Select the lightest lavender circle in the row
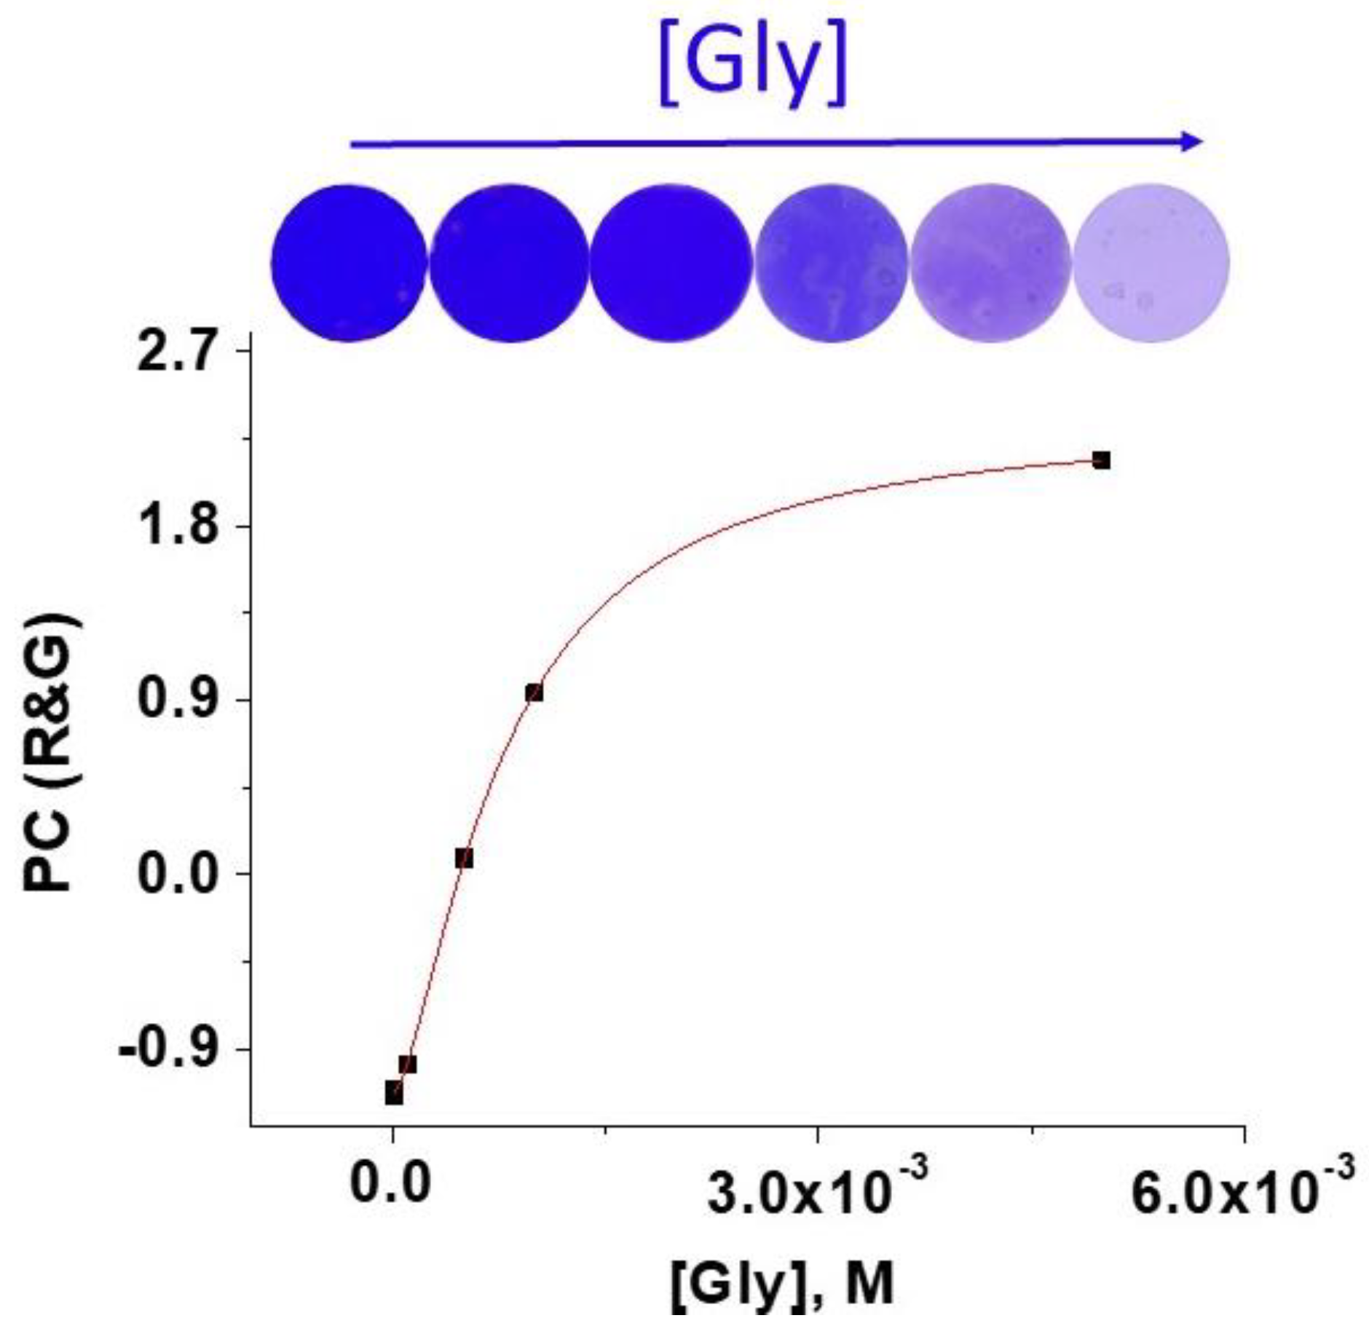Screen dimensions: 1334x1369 (x=1151, y=263)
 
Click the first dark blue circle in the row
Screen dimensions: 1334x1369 (x=348, y=263)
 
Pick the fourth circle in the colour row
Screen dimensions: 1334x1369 (x=831, y=263)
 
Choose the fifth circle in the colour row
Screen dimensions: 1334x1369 (x=990, y=263)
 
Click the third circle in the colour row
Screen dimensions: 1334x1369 (x=670, y=263)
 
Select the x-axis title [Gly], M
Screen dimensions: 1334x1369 (x=781, y=1286)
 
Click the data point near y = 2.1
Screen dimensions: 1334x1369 (x=1101, y=460)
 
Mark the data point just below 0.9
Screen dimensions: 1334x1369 (x=534, y=692)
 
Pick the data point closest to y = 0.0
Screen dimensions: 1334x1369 (x=464, y=859)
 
